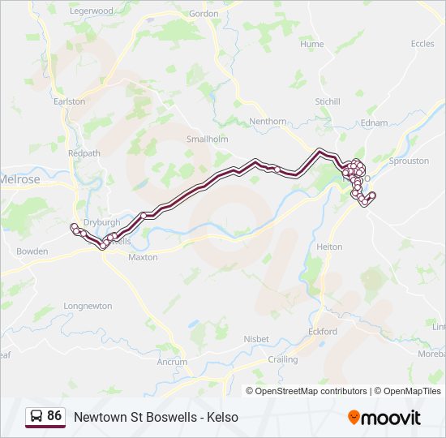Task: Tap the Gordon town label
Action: (204, 14)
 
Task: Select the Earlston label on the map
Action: (69, 101)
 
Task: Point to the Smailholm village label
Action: (208, 139)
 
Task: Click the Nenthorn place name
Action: (268, 122)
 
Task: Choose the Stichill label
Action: (328, 101)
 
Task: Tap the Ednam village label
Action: (375, 122)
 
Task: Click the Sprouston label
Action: (409, 161)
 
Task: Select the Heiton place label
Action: (329, 247)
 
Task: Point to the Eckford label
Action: (323, 331)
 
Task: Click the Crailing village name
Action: (282, 359)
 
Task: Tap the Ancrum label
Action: (172, 362)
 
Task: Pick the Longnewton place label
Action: (88, 306)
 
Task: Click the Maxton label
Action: (143, 257)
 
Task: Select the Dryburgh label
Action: (101, 221)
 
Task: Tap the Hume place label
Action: (312, 45)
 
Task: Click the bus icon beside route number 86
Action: (36, 417)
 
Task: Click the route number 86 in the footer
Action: (54, 416)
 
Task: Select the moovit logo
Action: (384, 418)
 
